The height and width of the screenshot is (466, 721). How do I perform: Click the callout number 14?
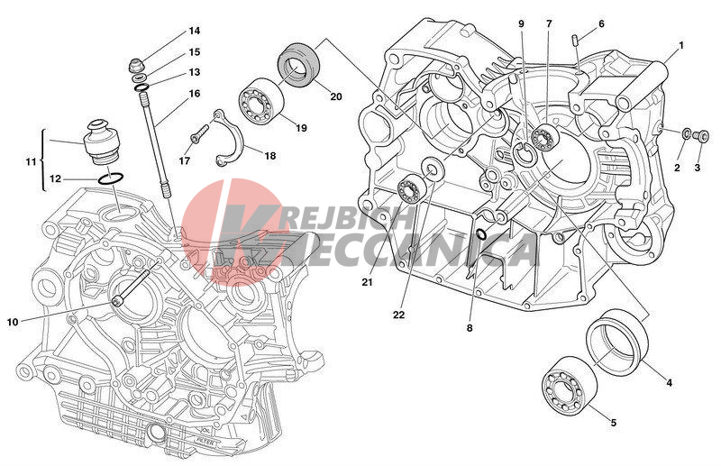(195, 32)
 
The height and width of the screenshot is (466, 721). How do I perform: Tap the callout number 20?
(335, 96)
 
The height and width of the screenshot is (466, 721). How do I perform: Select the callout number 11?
(30, 161)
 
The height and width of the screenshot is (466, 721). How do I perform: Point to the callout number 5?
(614, 422)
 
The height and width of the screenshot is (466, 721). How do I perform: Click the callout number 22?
(398, 315)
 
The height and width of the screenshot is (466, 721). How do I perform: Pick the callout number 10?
(12, 321)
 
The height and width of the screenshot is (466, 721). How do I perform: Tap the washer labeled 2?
(688, 134)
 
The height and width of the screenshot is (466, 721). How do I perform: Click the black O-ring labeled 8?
(481, 235)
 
